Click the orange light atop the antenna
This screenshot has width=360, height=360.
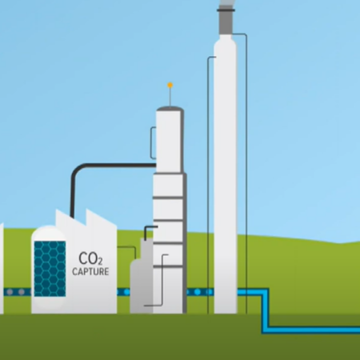tap(170, 86)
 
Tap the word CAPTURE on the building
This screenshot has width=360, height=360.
tap(90, 271)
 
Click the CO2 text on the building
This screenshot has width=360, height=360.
tap(90, 258)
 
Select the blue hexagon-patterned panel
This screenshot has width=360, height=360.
tap(50, 269)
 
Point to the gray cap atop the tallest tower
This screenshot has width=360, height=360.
tap(226, 21)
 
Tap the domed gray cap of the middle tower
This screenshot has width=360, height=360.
tap(170, 109)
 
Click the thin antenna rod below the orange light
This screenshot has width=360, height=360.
tap(170, 97)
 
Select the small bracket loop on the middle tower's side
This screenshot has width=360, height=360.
tap(152, 143)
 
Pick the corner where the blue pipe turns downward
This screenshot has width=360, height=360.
tap(266, 292)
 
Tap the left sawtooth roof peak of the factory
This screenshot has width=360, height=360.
tap(57, 210)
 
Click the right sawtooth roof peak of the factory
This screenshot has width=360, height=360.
tap(87, 210)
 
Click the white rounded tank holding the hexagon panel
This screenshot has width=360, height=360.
tap(49, 270)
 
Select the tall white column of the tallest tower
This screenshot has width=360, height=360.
tap(226, 174)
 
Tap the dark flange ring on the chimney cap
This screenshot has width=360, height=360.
tap(226, 10)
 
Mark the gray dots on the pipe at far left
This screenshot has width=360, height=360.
tap(15, 292)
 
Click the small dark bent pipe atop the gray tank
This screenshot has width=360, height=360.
tap(150, 230)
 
